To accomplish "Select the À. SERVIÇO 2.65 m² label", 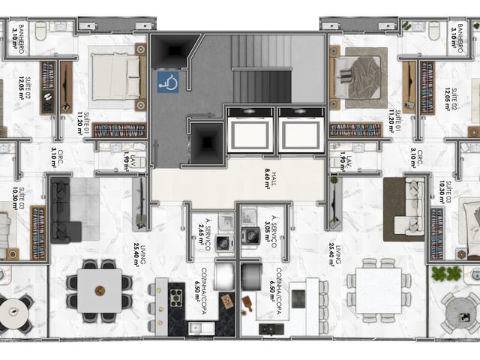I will (x=197, y=224).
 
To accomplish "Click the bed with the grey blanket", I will (x=358, y=76).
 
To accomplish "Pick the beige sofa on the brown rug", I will (x=405, y=208).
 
